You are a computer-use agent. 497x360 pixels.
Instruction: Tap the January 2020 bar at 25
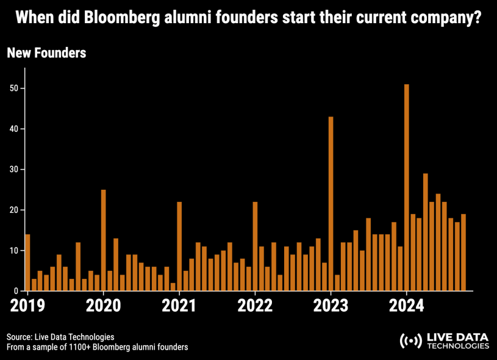pyautogui.click(x=104, y=240)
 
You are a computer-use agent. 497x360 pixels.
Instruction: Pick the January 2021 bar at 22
pyautogui.click(x=179, y=247)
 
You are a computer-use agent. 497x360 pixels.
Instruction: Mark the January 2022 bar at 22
pyautogui.click(x=255, y=247)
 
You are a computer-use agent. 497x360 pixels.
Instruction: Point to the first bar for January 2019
pyautogui.click(x=27, y=262)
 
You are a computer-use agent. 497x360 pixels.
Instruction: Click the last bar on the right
pyautogui.click(x=463, y=253)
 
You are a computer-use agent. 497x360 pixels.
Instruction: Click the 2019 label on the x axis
pyautogui.click(x=27, y=304)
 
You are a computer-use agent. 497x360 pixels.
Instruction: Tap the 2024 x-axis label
pyautogui.click(x=407, y=304)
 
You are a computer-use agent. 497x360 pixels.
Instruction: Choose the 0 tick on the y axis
pyautogui.click(x=20, y=291)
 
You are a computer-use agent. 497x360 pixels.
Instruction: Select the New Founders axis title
pyautogui.click(x=46, y=53)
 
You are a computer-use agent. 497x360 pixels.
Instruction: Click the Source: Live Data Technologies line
pyautogui.click(x=52, y=337)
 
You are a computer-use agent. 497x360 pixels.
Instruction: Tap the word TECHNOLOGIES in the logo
pyautogui.click(x=457, y=346)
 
